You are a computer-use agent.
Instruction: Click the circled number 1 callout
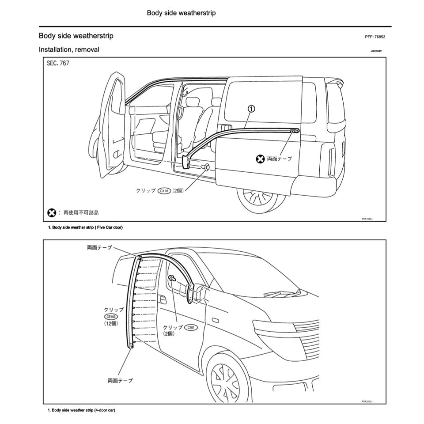251,109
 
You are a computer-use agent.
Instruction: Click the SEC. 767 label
58,64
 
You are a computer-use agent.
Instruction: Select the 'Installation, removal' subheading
69,49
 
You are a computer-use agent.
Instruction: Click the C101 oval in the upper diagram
164,191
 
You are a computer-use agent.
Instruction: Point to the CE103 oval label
111,317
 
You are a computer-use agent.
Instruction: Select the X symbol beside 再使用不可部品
52,213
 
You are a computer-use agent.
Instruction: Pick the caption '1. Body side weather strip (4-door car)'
81,410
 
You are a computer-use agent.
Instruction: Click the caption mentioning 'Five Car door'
85,227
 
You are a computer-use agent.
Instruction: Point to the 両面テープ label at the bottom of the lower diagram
120,380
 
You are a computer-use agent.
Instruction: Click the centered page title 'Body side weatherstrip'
181,13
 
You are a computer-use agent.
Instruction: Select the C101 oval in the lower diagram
190,327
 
